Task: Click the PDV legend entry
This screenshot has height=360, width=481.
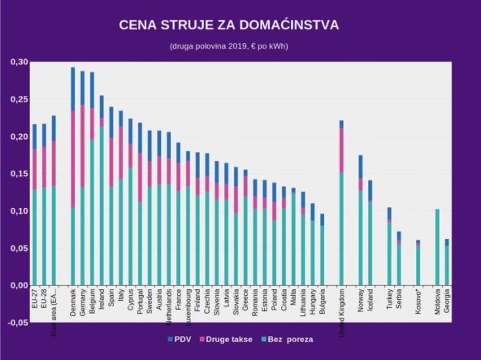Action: (x=180, y=339)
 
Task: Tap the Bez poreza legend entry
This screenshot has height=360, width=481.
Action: (x=288, y=339)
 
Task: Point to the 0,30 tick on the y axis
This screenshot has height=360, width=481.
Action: (x=18, y=62)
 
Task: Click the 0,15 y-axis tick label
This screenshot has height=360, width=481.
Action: (x=18, y=174)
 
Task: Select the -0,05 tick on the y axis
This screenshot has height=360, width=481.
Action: (x=16, y=323)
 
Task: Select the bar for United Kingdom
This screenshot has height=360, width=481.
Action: (x=342, y=203)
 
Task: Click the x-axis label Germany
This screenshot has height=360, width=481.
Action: (x=83, y=301)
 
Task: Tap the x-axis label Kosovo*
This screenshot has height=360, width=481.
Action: (x=418, y=301)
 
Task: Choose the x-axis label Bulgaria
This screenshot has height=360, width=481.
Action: (x=322, y=301)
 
